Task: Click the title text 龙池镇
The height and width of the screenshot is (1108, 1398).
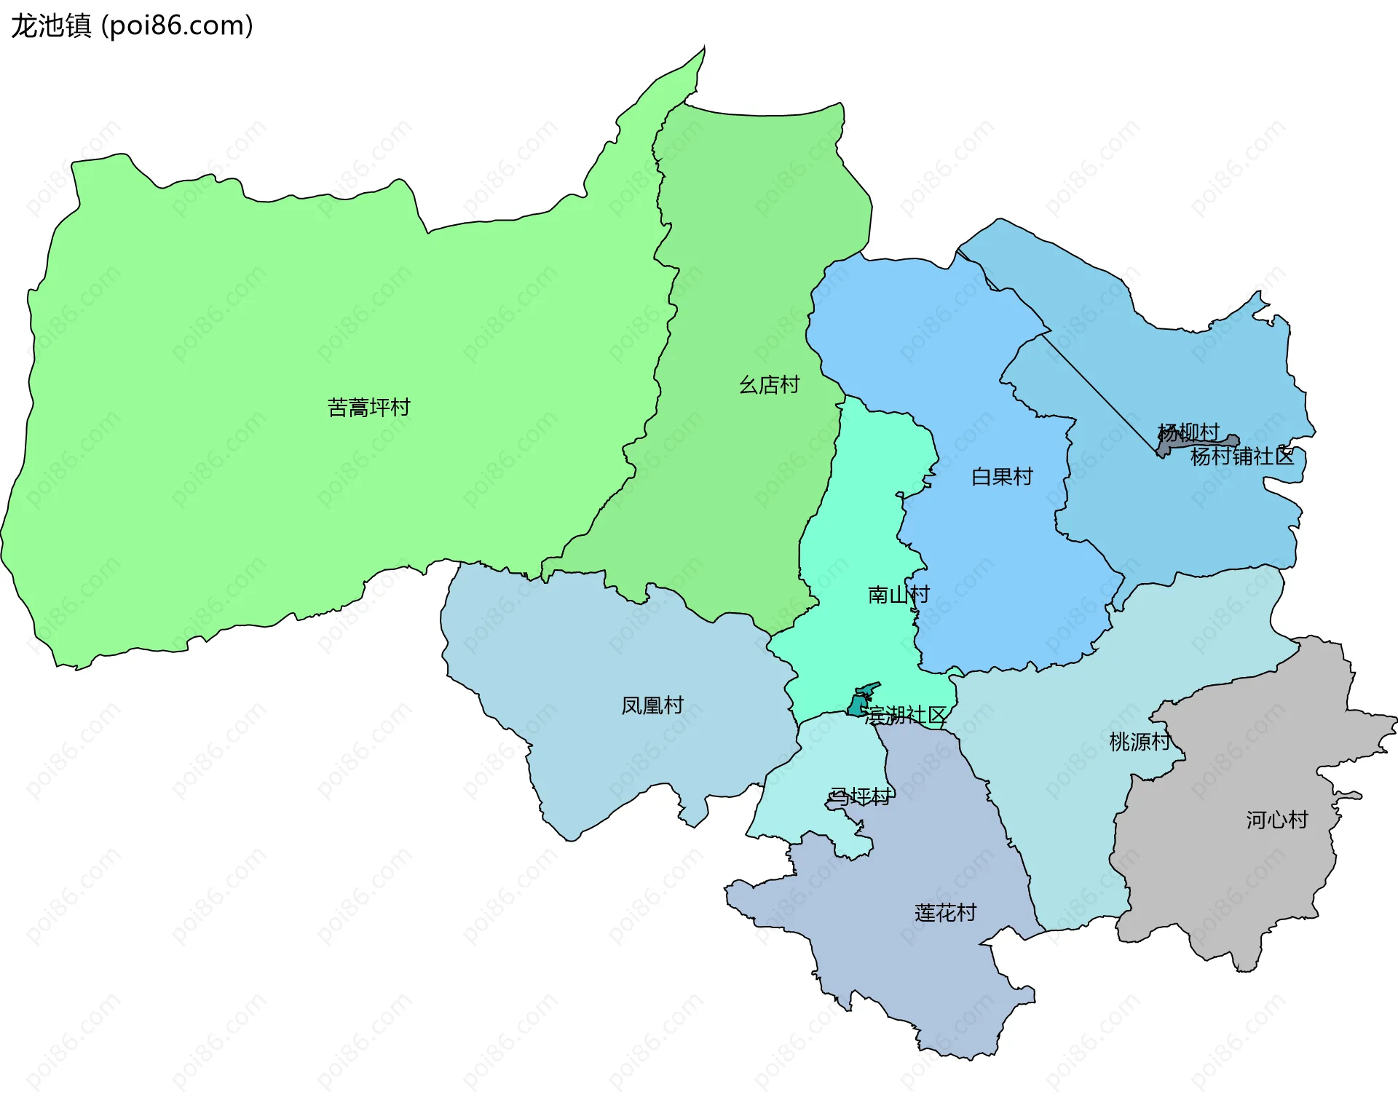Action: tap(51, 25)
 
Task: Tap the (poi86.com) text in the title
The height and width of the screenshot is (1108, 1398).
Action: tap(177, 25)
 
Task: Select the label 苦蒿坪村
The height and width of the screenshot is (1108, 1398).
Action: tap(368, 407)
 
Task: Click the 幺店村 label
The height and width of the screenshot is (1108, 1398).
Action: tap(769, 384)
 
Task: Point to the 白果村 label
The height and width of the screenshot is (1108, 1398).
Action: tap(1002, 477)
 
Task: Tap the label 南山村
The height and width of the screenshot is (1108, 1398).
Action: tap(898, 595)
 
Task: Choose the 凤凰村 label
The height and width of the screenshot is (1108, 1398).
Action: tap(652, 705)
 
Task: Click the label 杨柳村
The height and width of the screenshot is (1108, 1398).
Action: tap(1188, 432)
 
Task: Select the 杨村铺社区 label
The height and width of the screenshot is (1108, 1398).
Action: tap(1242, 456)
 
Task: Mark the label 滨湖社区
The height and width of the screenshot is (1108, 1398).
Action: tap(905, 715)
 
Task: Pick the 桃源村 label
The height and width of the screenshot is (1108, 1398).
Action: tap(1140, 742)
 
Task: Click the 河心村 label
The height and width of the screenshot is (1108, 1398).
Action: tap(1276, 820)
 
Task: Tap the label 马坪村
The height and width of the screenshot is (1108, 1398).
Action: tap(860, 797)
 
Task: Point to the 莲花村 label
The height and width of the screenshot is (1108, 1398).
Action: tap(944, 913)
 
